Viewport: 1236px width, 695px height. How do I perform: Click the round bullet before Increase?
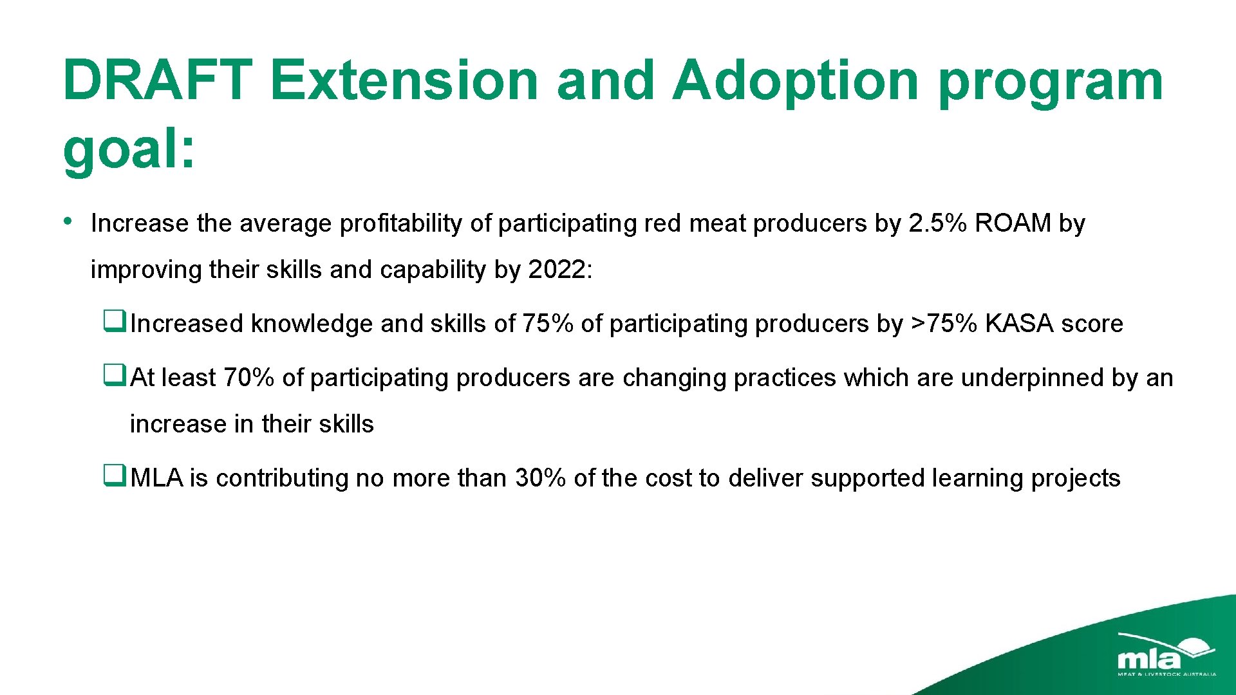(68, 221)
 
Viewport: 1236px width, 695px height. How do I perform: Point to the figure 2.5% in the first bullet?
(937, 223)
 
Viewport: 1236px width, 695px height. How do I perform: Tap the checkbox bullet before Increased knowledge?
(114, 320)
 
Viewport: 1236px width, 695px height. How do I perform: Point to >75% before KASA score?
(944, 324)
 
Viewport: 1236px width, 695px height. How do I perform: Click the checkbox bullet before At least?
(114, 374)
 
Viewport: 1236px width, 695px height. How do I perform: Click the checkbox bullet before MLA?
(114, 475)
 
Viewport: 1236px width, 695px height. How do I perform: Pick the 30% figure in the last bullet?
(540, 478)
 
